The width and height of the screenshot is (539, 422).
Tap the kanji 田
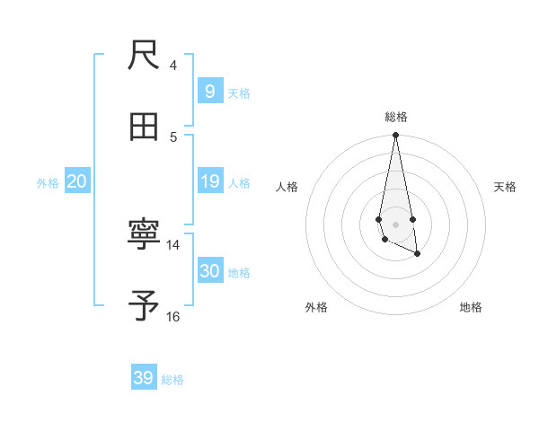click(144, 127)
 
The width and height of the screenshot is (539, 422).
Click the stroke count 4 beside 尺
click(173, 66)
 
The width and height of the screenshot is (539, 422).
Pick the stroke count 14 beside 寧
click(173, 244)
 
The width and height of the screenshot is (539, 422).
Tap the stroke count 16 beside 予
click(173, 316)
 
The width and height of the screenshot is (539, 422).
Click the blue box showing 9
click(209, 92)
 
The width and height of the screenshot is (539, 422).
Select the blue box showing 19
click(209, 181)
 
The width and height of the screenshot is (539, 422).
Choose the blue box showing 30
click(209, 271)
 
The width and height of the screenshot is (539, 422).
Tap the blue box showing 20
click(76, 181)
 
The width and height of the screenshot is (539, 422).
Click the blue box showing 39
click(143, 378)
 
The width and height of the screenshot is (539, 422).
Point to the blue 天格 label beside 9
click(239, 93)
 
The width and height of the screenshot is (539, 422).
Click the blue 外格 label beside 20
click(48, 183)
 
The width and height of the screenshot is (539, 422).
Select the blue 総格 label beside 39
click(172, 380)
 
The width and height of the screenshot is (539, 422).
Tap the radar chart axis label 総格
click(396, 117)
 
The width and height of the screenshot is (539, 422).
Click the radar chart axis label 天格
click(505, 187)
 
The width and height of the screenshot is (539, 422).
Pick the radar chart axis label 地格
click(471, 307)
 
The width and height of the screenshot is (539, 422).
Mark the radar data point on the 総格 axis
click(395, 136)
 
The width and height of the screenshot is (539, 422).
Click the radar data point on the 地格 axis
click(418, 255)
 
